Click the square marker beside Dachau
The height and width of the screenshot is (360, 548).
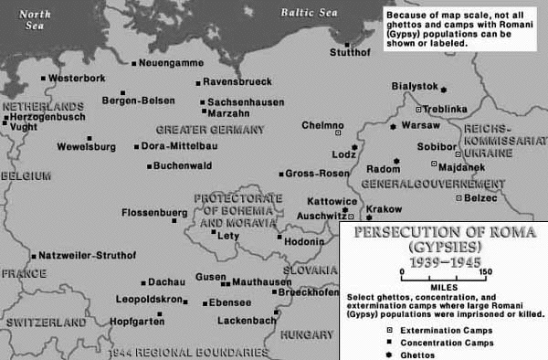tap(142, 282)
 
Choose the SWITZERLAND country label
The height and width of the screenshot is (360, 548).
tap(47, 323)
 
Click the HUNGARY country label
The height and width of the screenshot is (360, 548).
tap(308, 335)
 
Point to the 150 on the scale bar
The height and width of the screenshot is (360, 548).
tap(486, 272)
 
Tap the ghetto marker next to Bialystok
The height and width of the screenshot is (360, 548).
tap(443, 90)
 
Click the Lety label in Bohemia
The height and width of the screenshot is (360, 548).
tap(228, 235)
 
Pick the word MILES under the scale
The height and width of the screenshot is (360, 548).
tap(444, 285)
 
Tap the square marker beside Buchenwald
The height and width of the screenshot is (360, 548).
tap(149, 166)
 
